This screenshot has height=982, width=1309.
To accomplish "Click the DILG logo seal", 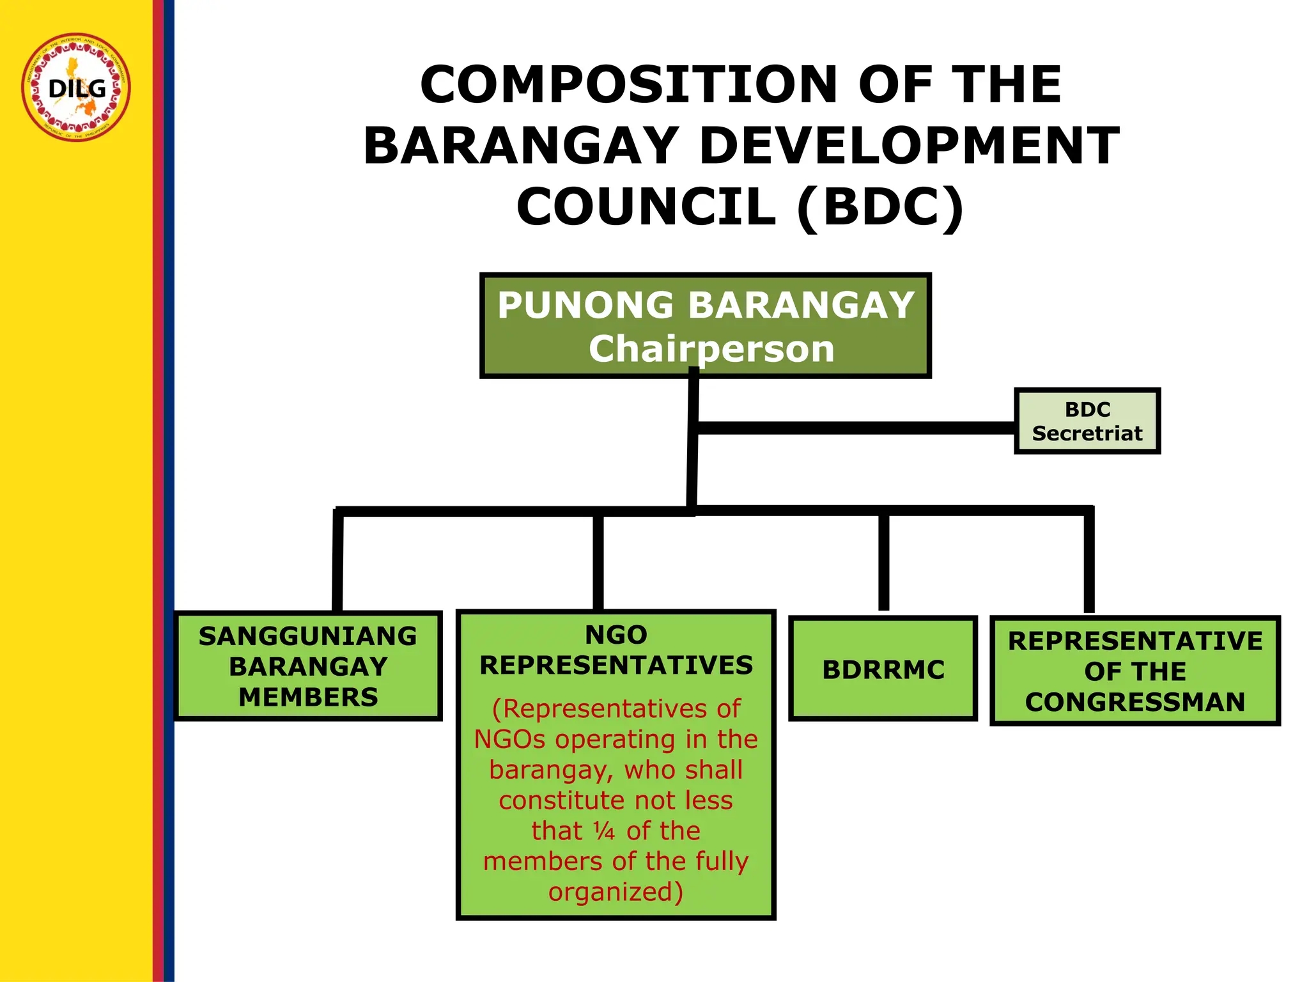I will click(x=76, y=87).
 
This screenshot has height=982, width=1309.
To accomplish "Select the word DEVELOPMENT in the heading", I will click(x=909, y=146).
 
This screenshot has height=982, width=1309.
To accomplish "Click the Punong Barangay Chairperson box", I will click(x=705, y=326).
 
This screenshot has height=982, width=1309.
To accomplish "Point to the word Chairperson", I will click(x=711, y=349).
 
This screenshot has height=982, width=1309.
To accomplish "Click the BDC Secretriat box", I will click(x=1087, y=421).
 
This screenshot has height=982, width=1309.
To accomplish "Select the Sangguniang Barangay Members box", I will click(x=308, y=666).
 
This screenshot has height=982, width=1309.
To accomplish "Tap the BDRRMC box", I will click(x=883, y=669).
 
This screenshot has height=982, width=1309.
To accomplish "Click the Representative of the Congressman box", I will click(x=1135, y=671).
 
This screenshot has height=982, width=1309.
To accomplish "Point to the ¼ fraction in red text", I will click(x=604, y=831).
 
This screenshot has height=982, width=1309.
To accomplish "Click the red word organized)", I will click(x=616, y=892).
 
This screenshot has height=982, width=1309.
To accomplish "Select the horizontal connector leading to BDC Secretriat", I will click(x=856, y=428).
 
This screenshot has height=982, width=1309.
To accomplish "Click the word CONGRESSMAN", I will click(x=1135, y=702).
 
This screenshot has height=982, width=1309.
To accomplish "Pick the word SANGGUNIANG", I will click(x=307, y=636).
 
